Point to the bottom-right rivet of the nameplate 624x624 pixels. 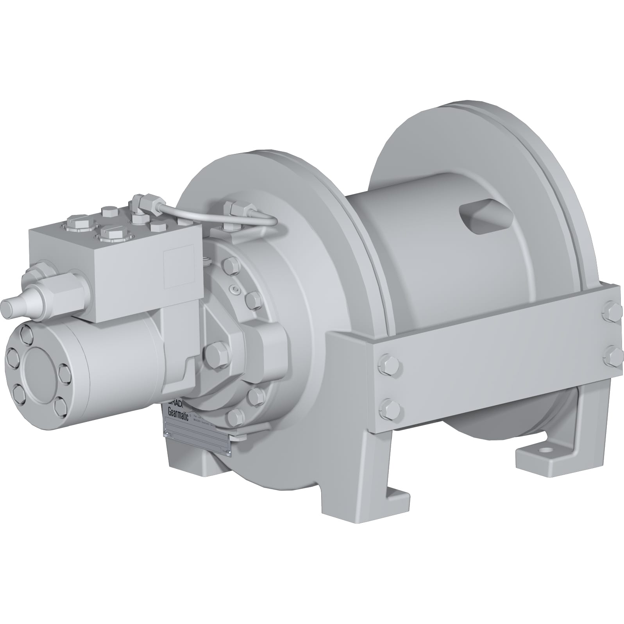click(229, 452)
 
